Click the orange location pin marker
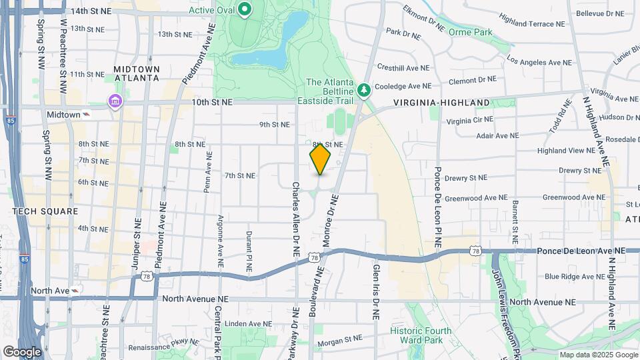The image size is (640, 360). [320, 159]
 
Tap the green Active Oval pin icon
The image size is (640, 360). [245, 9]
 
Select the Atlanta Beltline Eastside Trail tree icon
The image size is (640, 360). [363, 89]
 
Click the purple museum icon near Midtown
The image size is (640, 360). [115, 101]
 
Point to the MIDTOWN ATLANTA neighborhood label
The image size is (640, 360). [137, 73]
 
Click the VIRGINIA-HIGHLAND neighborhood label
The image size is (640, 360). [441, 103]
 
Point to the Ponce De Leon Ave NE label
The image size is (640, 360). [581, 250]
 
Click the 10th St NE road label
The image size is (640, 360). [211, 102]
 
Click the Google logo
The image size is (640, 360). [22, 351]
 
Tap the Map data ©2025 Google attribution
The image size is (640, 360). [598, 355]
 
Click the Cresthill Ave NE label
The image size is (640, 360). [403, 68]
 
